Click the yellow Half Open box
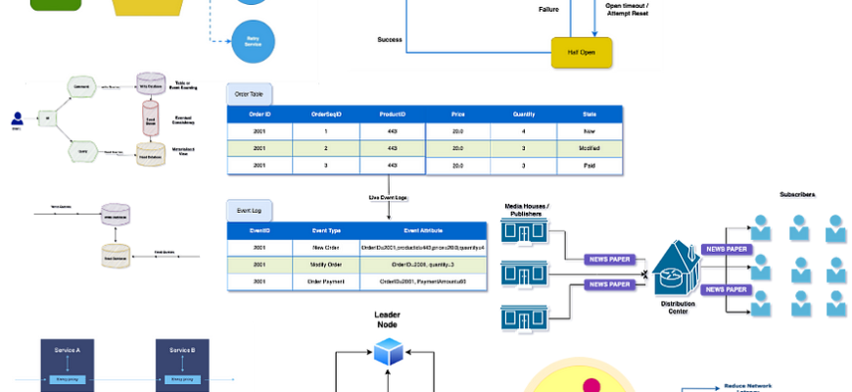[582, 51]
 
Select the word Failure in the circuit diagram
[549, 9]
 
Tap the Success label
[390, 39]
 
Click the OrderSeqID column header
[325, 114]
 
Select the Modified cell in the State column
[590, 148]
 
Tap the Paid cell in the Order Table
[590, 166]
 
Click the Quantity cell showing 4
[524, 130]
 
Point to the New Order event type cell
[319, 248]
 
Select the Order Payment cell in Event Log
[319, 281]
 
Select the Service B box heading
[183, 350]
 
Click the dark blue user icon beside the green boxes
[16, 120]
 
